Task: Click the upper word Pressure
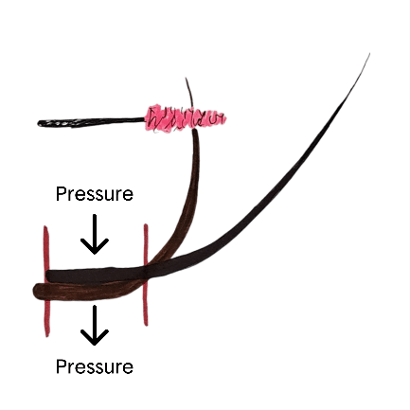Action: (95, 194)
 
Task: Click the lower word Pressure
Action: (95, 366)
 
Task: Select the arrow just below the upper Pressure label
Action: (95, 234)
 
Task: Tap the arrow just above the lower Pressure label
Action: (95, 325)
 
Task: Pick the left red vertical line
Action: (46, 281)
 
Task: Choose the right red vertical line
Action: (146, 275)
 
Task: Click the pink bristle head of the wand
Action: (185, 119)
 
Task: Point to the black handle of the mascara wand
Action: (92, 122)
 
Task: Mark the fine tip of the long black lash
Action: (369, 54)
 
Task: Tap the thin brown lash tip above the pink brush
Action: (187, 79)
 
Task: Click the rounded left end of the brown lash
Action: (34, 291)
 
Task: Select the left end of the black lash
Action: (46, 276)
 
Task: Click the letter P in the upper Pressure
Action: (60, 194)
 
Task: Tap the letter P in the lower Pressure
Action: (60, 366)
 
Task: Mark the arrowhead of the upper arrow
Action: (95, 247)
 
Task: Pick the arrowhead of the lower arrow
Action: (95, 338)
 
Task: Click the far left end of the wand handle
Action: (38, 123)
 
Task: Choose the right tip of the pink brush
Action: (225, 118)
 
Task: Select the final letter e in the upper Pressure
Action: (129, 195)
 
